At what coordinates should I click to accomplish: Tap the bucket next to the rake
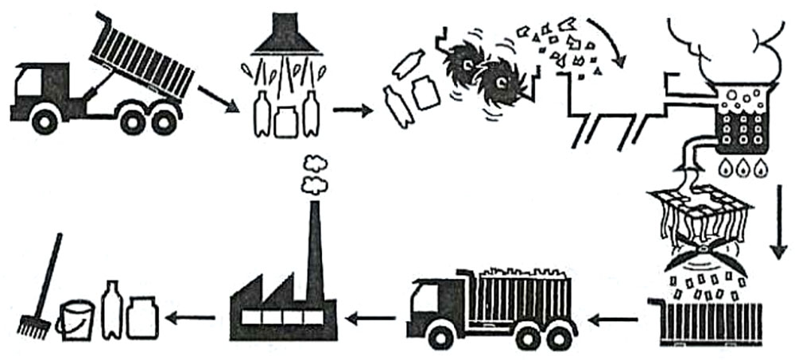tap(77, 319)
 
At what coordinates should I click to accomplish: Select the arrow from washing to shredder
tap(352, 109)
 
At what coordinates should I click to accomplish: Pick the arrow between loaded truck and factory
tap(374, 319)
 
